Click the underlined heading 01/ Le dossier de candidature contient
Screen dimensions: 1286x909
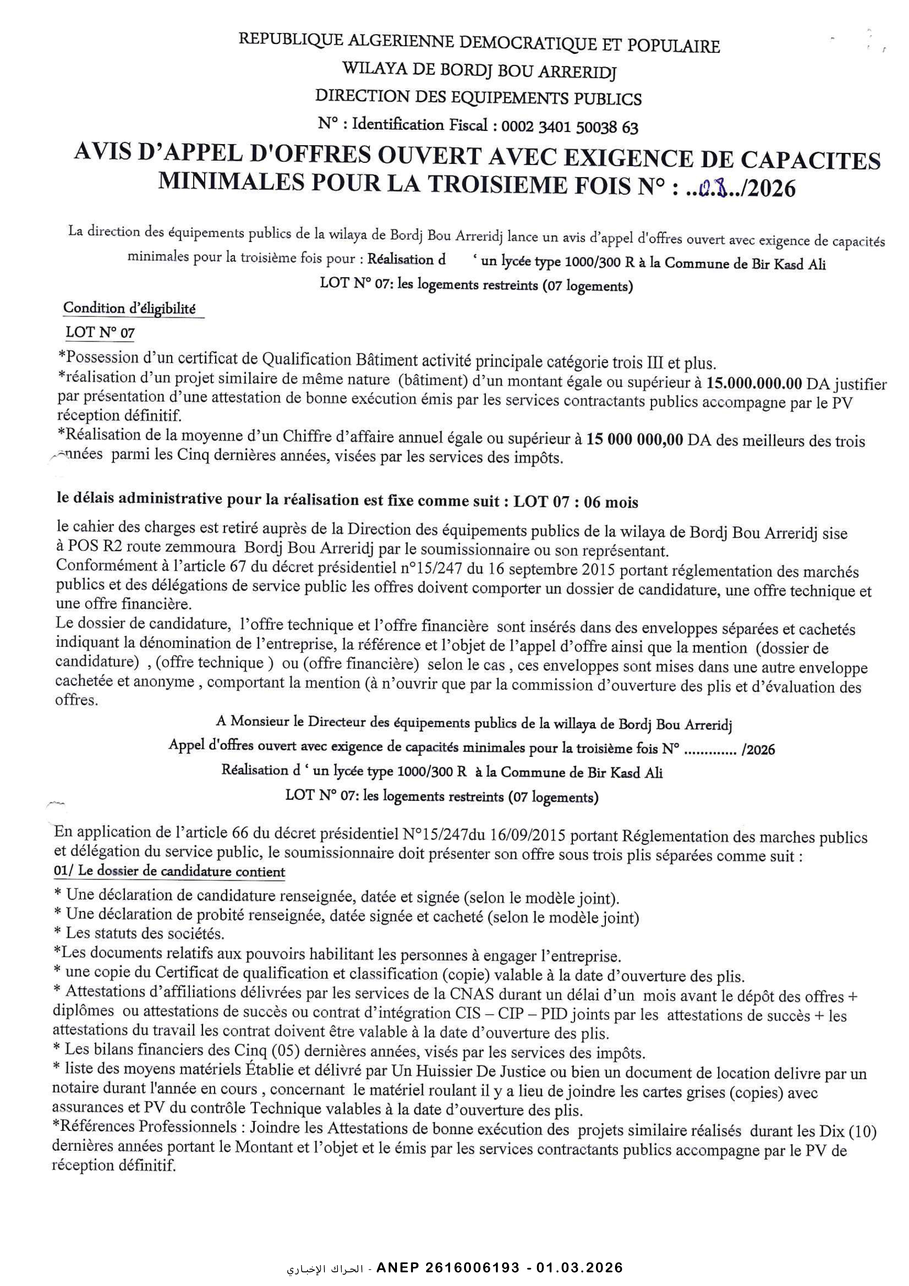[169, 872]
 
